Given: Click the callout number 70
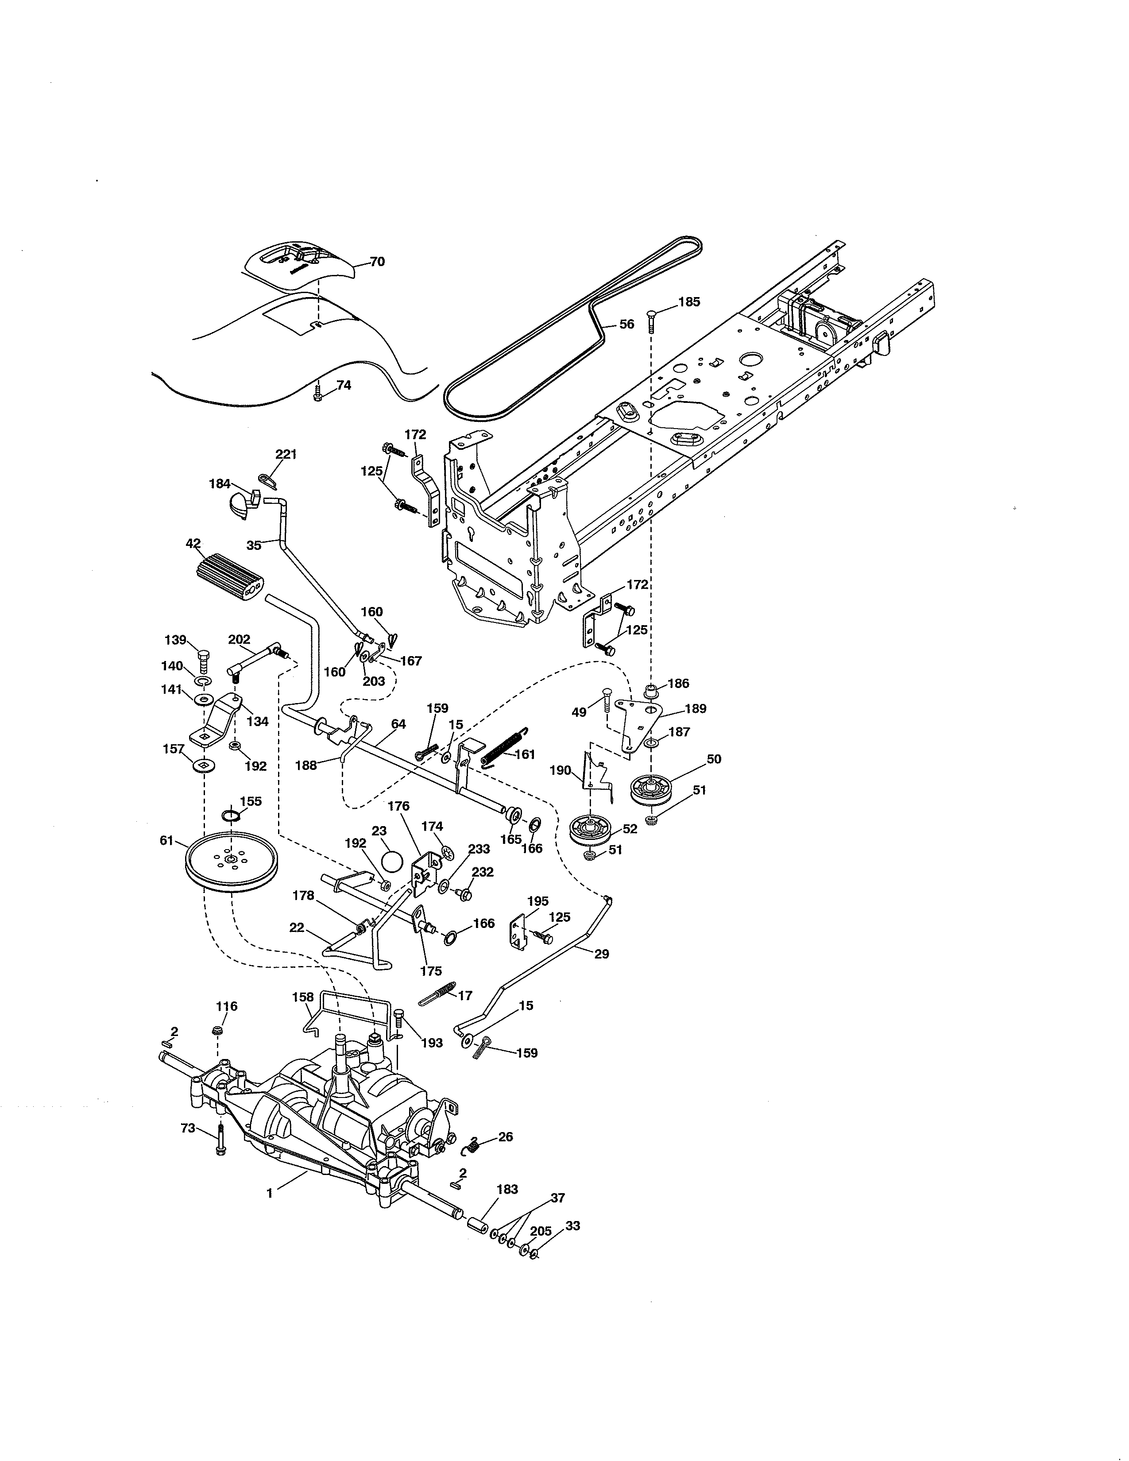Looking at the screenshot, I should point(377,262).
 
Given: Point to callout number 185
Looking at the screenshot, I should point(689,301).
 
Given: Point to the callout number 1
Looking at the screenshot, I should point(270,1193).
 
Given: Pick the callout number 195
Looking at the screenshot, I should point(538,901).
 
